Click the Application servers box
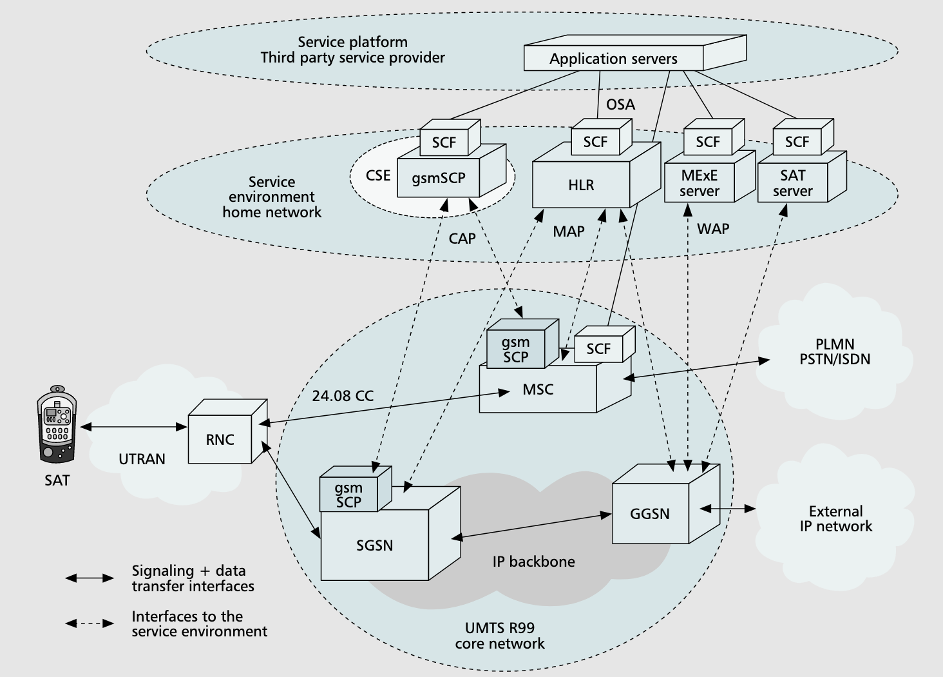coord(613,59)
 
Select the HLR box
coord(581,185)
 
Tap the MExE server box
coord(700,184)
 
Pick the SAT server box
coord(793,184)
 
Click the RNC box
coord(220,440)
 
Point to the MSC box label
coord(538,389)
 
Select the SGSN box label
coord(374,545)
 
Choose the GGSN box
coord(650,513)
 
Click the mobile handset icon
coord(57,426)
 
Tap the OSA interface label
coord(620,104)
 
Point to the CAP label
coord(462,239)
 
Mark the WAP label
coord(713,228)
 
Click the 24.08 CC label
coord(343,395)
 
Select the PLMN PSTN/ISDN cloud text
coord(835,352)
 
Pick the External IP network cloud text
coord(835,519)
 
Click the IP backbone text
coord(533,561)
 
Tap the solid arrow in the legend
coord(90,578)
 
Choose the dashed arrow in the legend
coord(90,623)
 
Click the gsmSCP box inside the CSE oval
coord(439,178)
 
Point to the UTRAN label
coord(142,459)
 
